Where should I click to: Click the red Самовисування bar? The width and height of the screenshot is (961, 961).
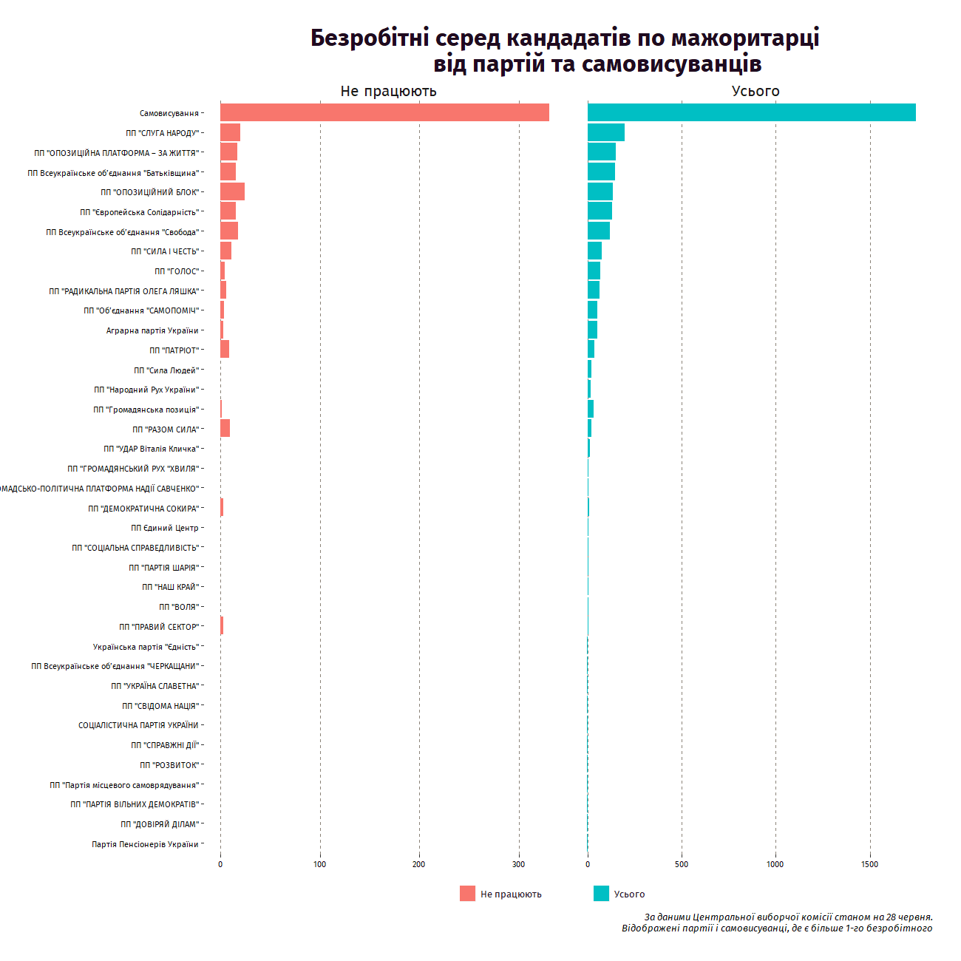point(384,112)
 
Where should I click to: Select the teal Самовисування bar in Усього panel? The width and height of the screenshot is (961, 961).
point(751,112)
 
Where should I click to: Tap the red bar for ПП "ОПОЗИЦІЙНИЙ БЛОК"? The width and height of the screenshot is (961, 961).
point(232,191)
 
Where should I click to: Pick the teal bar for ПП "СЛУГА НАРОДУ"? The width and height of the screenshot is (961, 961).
point(605,132)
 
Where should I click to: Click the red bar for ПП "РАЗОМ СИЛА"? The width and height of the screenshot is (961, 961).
point(225,429)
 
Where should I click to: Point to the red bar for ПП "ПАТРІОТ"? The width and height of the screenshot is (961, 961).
point(225,350)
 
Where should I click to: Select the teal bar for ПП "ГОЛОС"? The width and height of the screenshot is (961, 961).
point(594,271)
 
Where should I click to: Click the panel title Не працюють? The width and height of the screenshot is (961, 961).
point(388,91)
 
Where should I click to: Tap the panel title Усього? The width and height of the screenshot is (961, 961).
point(755,91)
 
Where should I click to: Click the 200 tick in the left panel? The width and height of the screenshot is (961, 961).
point(419,864)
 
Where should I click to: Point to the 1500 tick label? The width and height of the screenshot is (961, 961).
point(869,864)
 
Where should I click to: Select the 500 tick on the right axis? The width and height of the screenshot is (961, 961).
point(682,864)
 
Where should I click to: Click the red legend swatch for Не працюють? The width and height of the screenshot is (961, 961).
point(467,894)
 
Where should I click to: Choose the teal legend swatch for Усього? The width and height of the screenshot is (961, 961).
point(601,894)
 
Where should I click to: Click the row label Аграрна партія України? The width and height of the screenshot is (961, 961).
point(152,330)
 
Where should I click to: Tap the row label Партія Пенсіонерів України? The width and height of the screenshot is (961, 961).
point(145,844)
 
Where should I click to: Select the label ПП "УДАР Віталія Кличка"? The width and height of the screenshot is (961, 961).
point(151,449)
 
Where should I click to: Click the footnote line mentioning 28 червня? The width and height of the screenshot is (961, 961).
point(788,917)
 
